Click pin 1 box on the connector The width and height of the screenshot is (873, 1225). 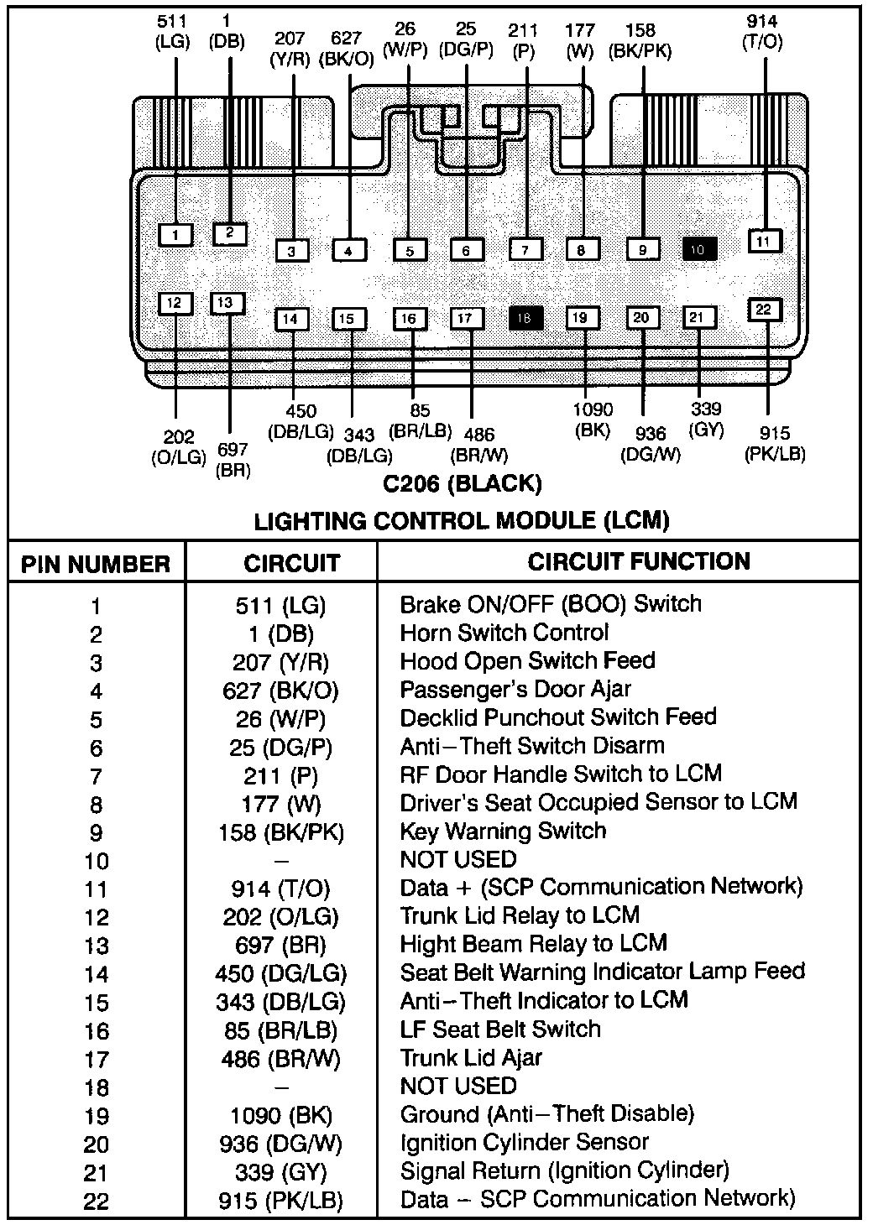pyautogui.click(x=175, y=235)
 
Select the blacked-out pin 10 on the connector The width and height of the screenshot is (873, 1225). pyautogui.click(x=699, y=249)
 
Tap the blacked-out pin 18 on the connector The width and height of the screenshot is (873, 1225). pyautogui.click(x=525, y=318)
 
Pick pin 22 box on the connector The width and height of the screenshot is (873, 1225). pyautogui.click(x=763, y=310)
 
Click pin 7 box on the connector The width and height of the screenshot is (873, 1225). pyautogui.click(x=525, y=250)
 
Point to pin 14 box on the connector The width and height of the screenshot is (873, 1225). pyautogui.click(x=290, y=319)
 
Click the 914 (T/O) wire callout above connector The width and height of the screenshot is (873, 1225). pyautogui.click(x=762, y=32)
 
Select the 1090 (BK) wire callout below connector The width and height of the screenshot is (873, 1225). pyautogui.click(x=593, y=420)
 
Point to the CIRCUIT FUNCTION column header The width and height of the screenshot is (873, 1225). pyautogui.click(x=639, y=561)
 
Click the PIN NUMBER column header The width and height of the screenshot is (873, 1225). pyautogui.click(x=96, y=564)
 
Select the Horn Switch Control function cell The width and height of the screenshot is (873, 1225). pyautogui.click(x=504, y=633)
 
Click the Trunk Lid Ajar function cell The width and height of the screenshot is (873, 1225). pyautogui.click(x=471, y=1058)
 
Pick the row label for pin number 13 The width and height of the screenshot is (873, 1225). pyautogui.click(x=97, y=946)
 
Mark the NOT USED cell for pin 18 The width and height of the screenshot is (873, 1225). pyautogui.click(x=458, y=1087)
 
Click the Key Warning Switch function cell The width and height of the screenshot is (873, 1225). pyautogui.click(x=503, y=831)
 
